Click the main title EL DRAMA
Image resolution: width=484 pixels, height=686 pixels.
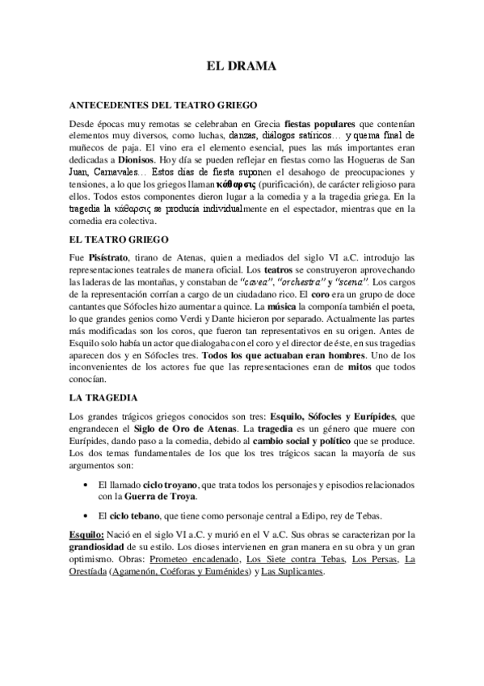242,67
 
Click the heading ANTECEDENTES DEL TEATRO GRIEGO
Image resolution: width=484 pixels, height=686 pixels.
163,105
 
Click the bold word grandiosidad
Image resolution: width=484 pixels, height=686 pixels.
103,547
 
